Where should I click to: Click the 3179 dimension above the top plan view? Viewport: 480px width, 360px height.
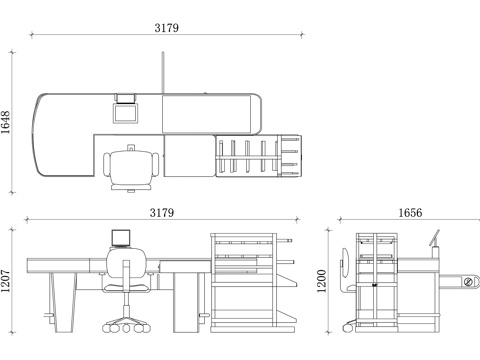pyautogui.click(x=166, y=28)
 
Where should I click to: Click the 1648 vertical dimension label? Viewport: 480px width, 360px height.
pyautogui.click(x=6, y=122)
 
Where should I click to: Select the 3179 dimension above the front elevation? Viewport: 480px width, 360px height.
pyautogui.click(x=162, y=213)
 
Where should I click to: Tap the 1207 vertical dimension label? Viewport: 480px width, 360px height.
pyautogui.click(x=6, y=281)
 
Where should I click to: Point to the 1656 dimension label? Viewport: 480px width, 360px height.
pyautogui.click(x=410, y=213)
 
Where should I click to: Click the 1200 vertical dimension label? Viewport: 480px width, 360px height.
pyautogui.click(x=321, y=281)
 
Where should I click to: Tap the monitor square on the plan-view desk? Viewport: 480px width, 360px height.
pyautogui.click(x=125, y=113)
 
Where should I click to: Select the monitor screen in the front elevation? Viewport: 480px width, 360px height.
pyautogui.click(x=121, y=238)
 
